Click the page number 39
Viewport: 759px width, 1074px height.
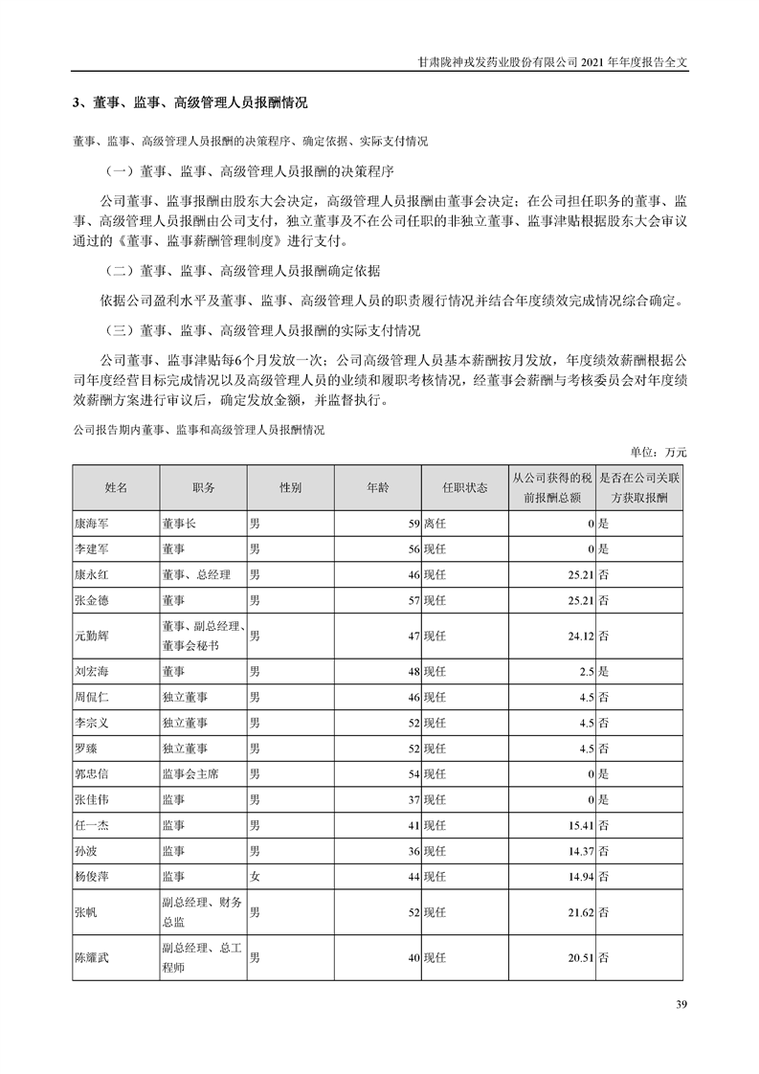click(681, 1004)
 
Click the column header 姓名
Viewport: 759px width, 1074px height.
click(116, 487)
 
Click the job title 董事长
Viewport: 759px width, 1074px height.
click(179, 525)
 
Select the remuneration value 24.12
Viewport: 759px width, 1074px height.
click(579, 635)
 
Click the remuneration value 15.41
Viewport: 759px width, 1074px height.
click(579, 824)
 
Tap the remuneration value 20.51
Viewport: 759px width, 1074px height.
click(579, 957)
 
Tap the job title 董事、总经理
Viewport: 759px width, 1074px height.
click(196, 576)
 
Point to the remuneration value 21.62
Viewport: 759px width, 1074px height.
click(579, 913)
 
